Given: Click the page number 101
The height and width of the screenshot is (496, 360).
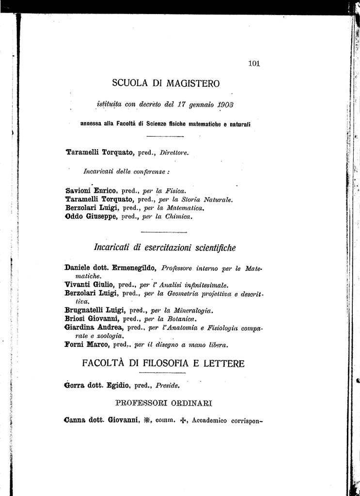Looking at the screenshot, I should (254, 63).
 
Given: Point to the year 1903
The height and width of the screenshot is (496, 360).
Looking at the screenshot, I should (225, 104).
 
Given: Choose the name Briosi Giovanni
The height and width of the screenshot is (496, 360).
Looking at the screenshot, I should (92, 319).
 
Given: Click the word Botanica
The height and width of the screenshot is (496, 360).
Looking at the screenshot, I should (183, 319).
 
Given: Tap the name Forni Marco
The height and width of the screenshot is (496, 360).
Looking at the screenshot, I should (86, 345).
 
